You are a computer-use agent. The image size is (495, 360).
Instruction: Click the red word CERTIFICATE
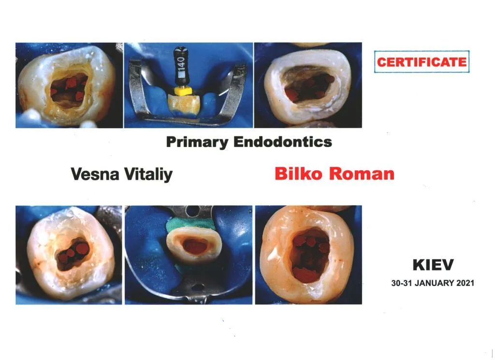pos(422,62)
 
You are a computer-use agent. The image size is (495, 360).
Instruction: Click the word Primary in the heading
pos(197,142)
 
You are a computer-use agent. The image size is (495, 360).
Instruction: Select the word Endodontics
pos(283,142)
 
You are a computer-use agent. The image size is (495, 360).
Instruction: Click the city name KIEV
pos(433,265)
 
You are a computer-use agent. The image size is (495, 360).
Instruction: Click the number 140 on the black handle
pos(181,64)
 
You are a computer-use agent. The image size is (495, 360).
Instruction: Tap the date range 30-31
pos(402,283)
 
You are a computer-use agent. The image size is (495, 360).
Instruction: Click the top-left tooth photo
pos(69,85)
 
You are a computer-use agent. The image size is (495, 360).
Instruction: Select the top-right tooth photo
pos(308,85)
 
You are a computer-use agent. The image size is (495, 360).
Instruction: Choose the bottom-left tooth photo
pos(69,255)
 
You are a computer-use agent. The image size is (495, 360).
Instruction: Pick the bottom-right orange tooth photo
pos(308,255)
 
